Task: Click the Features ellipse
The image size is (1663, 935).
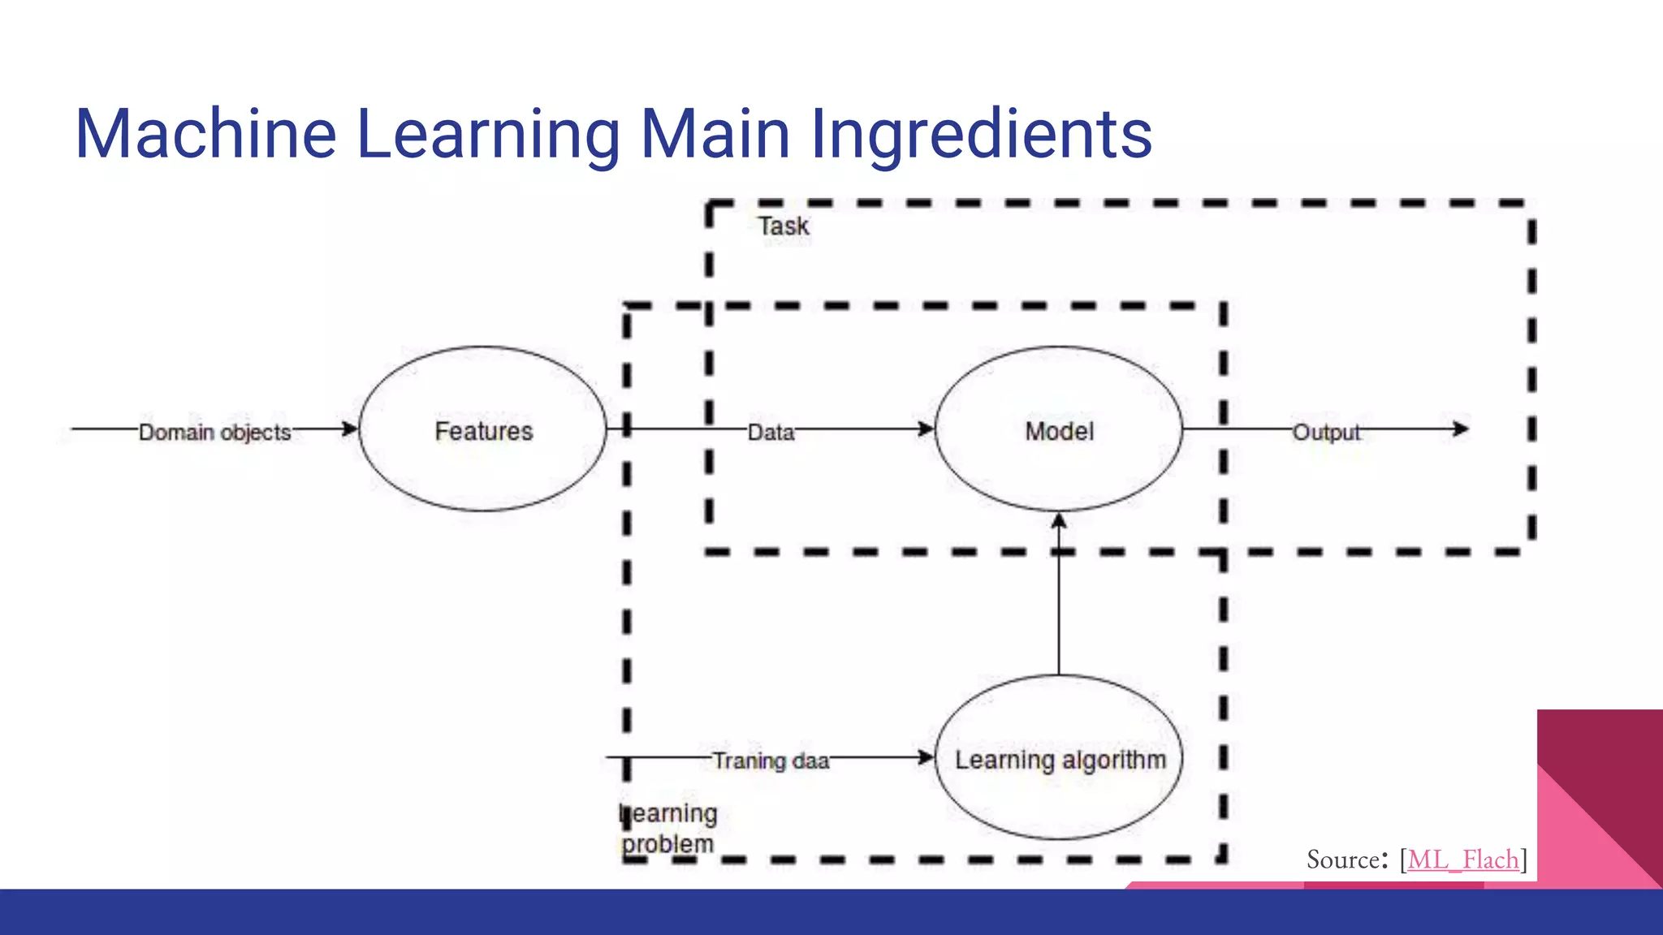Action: coord(483,429)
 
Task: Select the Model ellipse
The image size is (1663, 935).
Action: coord(1059,429)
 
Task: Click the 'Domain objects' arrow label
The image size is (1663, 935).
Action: coord(214,432)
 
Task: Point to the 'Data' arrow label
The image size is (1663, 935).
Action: coord(771,432)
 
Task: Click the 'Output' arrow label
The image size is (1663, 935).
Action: coord(1326,432)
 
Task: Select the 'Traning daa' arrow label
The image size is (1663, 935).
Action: coord(771,760)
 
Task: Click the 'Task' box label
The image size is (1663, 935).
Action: coord(784,226)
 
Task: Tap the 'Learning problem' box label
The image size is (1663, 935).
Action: coord(668,828)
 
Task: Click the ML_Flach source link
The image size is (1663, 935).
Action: coord(1462,859)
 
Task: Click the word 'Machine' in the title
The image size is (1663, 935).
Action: coord(205,134)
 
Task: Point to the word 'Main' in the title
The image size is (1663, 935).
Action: coord(715,134)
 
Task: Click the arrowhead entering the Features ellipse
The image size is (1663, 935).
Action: coord(350,429)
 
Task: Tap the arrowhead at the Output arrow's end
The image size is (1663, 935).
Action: coord(1461,429)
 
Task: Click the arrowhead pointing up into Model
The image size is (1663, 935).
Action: coord(1059,521)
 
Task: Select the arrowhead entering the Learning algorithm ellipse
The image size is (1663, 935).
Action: coord(926,757)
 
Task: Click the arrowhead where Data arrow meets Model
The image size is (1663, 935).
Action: coord(926,429)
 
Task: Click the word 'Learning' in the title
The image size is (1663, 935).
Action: coord(488,134)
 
